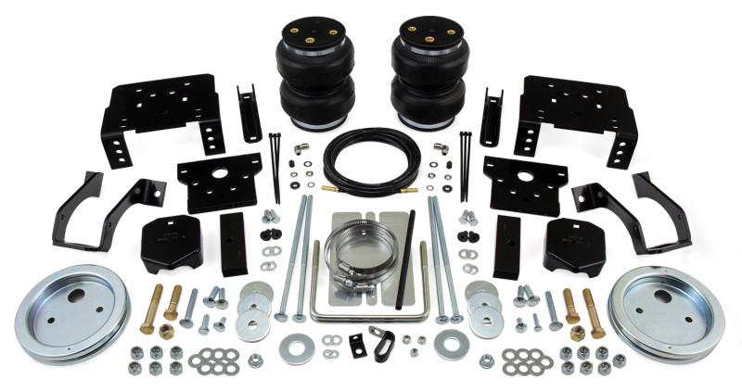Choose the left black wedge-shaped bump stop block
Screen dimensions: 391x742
pyautogui.click(x=172, y=242)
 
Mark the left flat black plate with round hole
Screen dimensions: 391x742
pyautogui.click(x=220, y=181)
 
